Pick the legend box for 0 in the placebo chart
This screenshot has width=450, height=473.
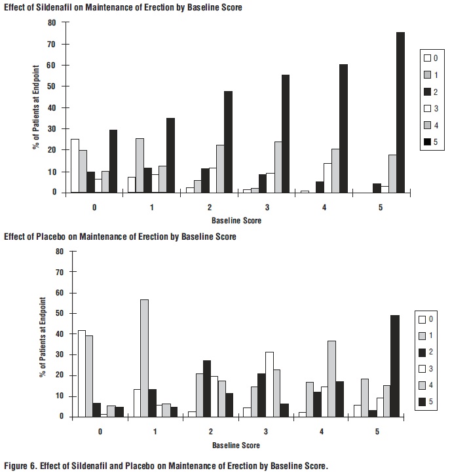423,320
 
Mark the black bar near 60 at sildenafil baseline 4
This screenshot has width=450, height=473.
343,128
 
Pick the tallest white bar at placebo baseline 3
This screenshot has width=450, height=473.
270,384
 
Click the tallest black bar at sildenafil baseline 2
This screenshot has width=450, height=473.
228,142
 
